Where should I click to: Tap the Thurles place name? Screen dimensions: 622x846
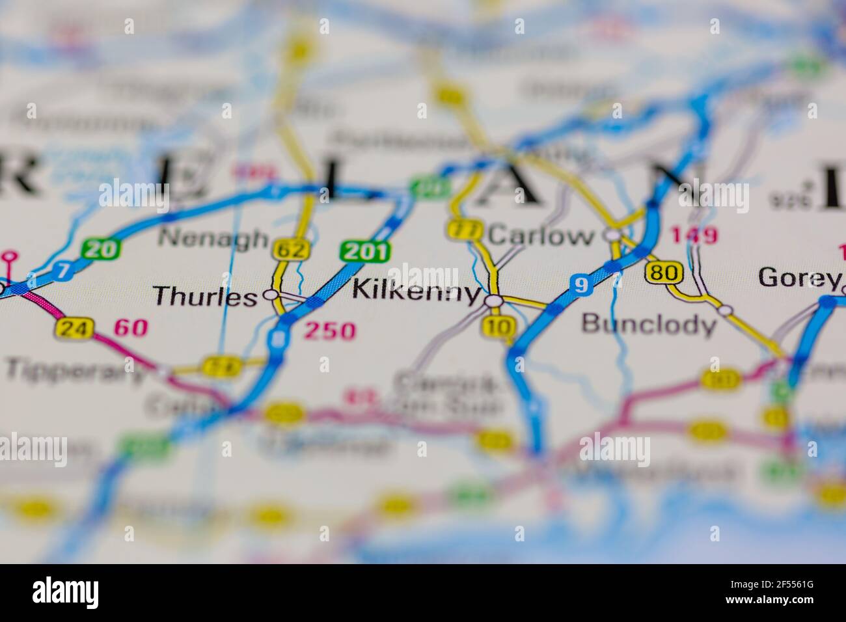click(205, 297)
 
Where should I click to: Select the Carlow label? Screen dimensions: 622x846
click(541, 236)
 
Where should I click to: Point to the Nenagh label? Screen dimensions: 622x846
click(213, 238)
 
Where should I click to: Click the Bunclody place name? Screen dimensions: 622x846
click(648, 323)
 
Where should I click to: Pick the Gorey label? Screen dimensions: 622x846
click(798, 278)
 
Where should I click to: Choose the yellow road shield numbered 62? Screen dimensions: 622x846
click(287, 249)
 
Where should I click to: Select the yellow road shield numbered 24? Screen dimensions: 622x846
click(73, 328)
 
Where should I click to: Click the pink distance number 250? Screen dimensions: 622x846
click(331, 331)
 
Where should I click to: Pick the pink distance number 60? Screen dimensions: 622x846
click(131, 329)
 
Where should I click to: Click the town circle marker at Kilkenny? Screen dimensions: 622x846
click(494, 301)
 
